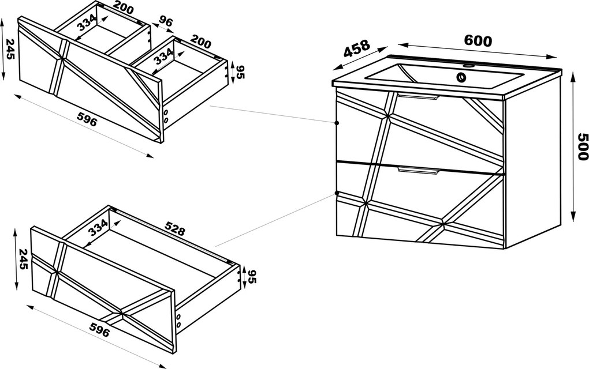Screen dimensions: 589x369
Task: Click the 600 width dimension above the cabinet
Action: coord(478,40)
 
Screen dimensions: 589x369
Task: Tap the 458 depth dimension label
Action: coord(356,48)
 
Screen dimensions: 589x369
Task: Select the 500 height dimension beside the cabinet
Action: coord(582,146)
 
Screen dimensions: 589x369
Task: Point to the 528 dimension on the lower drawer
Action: coord(174,228)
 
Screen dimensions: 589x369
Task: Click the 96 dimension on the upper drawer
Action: coord(166,21)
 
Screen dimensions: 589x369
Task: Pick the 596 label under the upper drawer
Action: coord(87,119)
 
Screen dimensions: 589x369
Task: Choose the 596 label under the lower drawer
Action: coord(99,330)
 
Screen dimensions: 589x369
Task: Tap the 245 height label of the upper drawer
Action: coord(10,49)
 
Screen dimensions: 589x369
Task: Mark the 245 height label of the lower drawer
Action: coord(23,259)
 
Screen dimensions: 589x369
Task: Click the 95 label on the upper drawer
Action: coord(240,73)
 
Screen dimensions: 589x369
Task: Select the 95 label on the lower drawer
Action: coord(252,277)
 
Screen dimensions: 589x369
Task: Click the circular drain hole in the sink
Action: coord(461,78)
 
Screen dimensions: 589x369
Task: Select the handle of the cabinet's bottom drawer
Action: coord(417,171)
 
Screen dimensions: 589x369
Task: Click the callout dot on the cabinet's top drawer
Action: coord(337,123)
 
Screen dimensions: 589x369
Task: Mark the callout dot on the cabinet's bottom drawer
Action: coord(337,194)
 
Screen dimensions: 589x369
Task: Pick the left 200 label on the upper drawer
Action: coord(124,7)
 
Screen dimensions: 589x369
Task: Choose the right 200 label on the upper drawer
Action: coord(201,42)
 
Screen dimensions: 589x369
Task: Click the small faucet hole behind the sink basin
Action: coord(468,66)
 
